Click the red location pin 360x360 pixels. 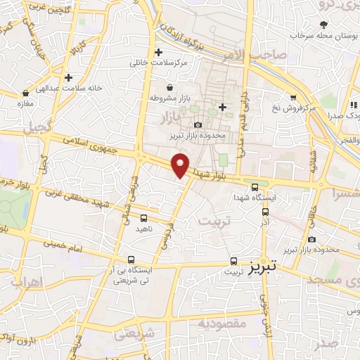(181, 165)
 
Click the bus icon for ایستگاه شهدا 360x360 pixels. (255, 186)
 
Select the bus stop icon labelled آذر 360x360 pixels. (265, 211)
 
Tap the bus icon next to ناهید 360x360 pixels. (143, 218)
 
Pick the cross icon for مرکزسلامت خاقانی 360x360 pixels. (159, 52)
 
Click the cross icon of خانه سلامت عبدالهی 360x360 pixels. (68, 77)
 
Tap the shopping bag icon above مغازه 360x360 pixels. (26, 92)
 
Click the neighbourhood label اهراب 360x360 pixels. (27, 281)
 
